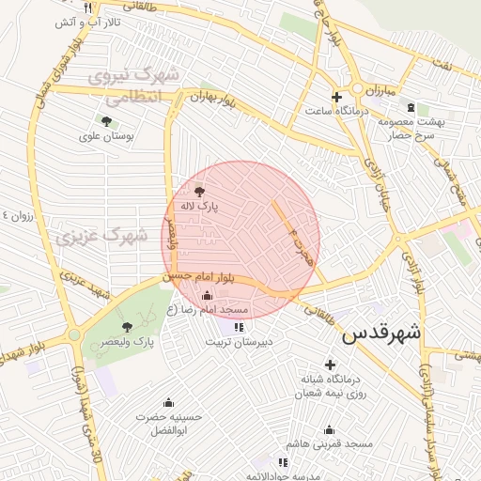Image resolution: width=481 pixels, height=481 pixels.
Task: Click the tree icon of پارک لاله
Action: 197,191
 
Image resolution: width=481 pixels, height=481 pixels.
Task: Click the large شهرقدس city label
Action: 382,334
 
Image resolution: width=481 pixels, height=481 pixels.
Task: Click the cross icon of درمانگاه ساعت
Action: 336,97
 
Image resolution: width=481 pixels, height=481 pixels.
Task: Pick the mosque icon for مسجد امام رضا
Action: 207,296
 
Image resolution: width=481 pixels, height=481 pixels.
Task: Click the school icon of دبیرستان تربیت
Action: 239,327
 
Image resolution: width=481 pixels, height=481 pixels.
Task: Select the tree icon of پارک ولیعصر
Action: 127,327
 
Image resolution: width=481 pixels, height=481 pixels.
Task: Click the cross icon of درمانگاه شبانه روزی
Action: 329,365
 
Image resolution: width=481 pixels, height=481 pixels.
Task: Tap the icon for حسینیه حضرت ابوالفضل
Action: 169,402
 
